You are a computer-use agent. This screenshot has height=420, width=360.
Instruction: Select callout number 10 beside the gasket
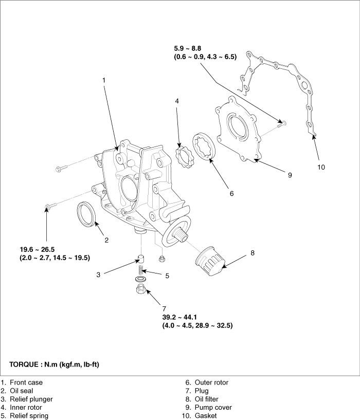321,167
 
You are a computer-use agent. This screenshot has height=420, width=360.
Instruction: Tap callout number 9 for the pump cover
290,175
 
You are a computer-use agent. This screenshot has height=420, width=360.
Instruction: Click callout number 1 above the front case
104,80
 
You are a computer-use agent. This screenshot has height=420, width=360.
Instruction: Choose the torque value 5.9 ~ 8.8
187,48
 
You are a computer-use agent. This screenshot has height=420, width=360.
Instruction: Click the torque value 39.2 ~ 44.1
179,317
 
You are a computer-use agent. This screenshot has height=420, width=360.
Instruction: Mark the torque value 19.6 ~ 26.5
37,249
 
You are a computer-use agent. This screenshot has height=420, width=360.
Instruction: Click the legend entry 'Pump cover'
213,408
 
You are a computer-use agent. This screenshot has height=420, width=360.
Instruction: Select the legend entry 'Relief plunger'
31,399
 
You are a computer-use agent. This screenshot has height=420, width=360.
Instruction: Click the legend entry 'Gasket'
206,416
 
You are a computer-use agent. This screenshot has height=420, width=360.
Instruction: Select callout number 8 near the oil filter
253,253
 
